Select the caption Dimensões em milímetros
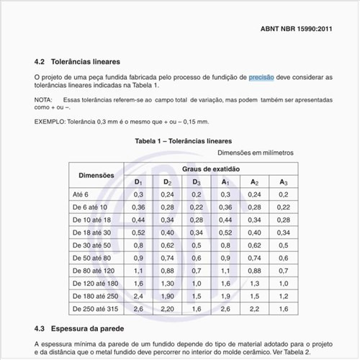[x=256, y=153]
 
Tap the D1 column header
[x=139, y=182]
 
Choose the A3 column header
[x=284, y=182]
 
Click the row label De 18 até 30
[x=92, y=233]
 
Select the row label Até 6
[x=80, y=194]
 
